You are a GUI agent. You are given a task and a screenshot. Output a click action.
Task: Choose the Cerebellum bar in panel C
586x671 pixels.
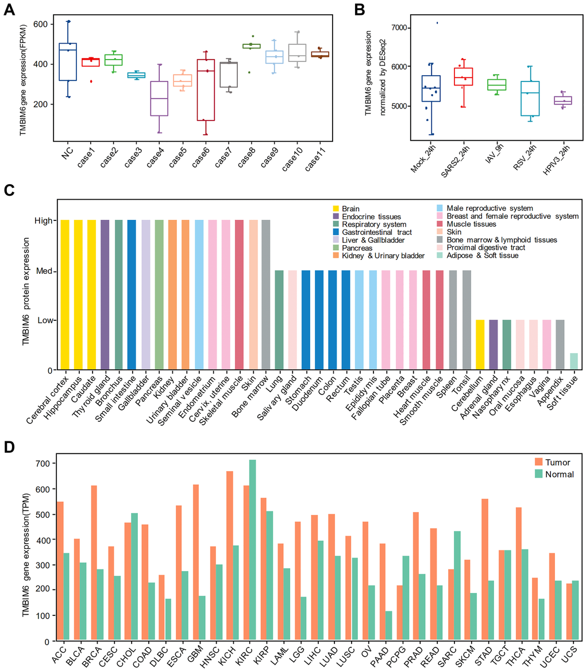point(481,345)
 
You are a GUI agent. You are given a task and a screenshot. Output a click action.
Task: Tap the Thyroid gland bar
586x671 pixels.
point(105,295)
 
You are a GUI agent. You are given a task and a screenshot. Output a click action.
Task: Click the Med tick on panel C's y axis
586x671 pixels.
point(46,271)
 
